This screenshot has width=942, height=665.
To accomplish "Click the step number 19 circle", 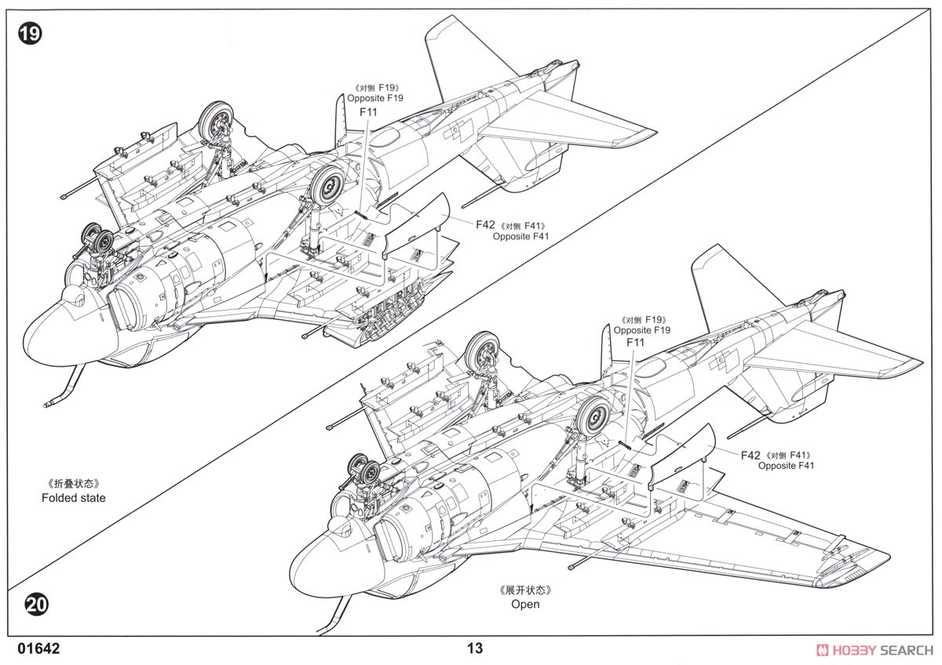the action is (x=30, y=33).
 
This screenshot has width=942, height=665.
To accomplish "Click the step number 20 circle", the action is (x=37, y=605).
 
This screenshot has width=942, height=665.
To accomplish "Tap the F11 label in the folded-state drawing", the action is (x=368, y=112).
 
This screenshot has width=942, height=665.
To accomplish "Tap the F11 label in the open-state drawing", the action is (x=635, y=343).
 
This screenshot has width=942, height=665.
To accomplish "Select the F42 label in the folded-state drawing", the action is (x=485, y=225).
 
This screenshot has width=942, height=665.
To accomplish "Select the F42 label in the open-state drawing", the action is (x=750, y=456).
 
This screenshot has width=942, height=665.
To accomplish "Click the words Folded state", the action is (x=74, y=498).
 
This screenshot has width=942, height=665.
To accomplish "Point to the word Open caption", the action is (x=525, y=604).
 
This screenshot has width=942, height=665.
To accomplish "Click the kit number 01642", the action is (x=38, y=649).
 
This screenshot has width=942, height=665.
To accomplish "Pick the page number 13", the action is (x=475, y=649).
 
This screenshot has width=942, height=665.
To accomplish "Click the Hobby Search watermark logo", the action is (x=874, y=650).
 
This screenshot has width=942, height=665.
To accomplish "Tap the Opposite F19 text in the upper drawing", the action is (x=374, y=98).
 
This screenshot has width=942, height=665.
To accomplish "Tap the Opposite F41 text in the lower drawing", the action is (x=786, y=466).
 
